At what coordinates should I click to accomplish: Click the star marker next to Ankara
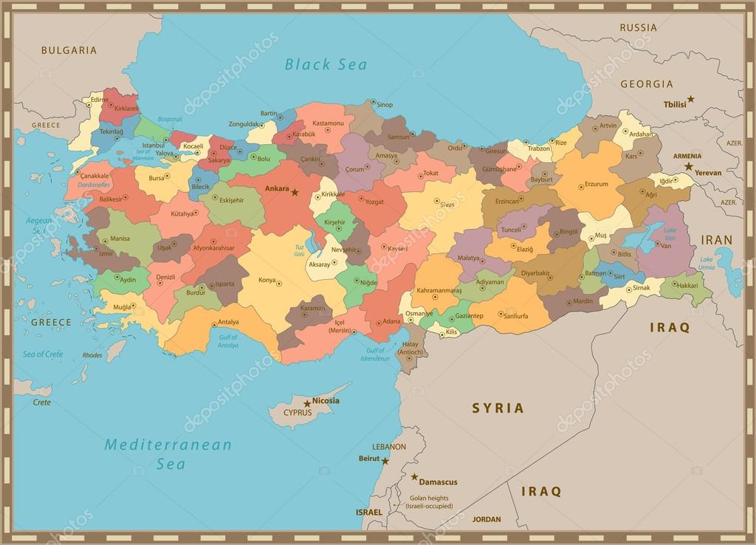click(295, 192)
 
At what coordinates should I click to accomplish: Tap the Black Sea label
click(326, 64)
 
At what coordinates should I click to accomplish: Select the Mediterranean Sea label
click(168, 453)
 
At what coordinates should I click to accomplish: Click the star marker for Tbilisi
click(691, 99)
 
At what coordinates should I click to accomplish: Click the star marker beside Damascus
click(414, 477)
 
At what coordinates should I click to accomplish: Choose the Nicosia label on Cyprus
click(326, 400)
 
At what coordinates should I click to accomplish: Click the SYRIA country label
click(498, 408)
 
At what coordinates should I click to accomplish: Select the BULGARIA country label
click(69, 51)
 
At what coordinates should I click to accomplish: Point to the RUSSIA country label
click(637, 28)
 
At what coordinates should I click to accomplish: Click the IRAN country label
click(716, 240)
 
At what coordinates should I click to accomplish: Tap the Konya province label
click(267, 281)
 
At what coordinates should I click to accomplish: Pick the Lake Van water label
click(670, 233)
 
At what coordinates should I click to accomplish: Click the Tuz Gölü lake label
click(299, 250)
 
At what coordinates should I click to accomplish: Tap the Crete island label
click(42, 402)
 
